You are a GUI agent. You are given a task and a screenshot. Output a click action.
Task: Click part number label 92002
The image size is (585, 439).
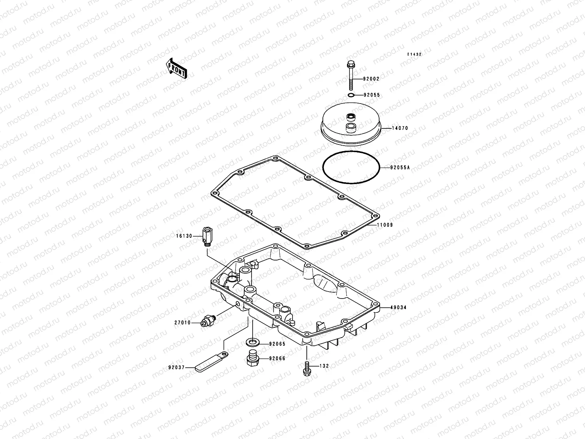371,79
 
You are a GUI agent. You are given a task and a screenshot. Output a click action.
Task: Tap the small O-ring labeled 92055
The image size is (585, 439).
351,95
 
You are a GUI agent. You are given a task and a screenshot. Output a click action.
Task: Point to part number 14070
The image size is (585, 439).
400,128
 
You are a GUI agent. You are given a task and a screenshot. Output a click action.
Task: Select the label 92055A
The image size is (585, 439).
400,168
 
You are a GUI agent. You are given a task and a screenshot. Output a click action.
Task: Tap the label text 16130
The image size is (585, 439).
184,236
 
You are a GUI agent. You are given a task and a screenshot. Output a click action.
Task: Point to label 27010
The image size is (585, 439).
182,323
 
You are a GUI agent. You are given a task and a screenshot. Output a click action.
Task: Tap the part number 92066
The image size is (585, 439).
277,359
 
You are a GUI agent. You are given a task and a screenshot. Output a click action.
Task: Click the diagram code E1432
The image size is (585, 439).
415,54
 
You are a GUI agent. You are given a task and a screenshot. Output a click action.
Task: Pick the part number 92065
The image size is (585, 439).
277,344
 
